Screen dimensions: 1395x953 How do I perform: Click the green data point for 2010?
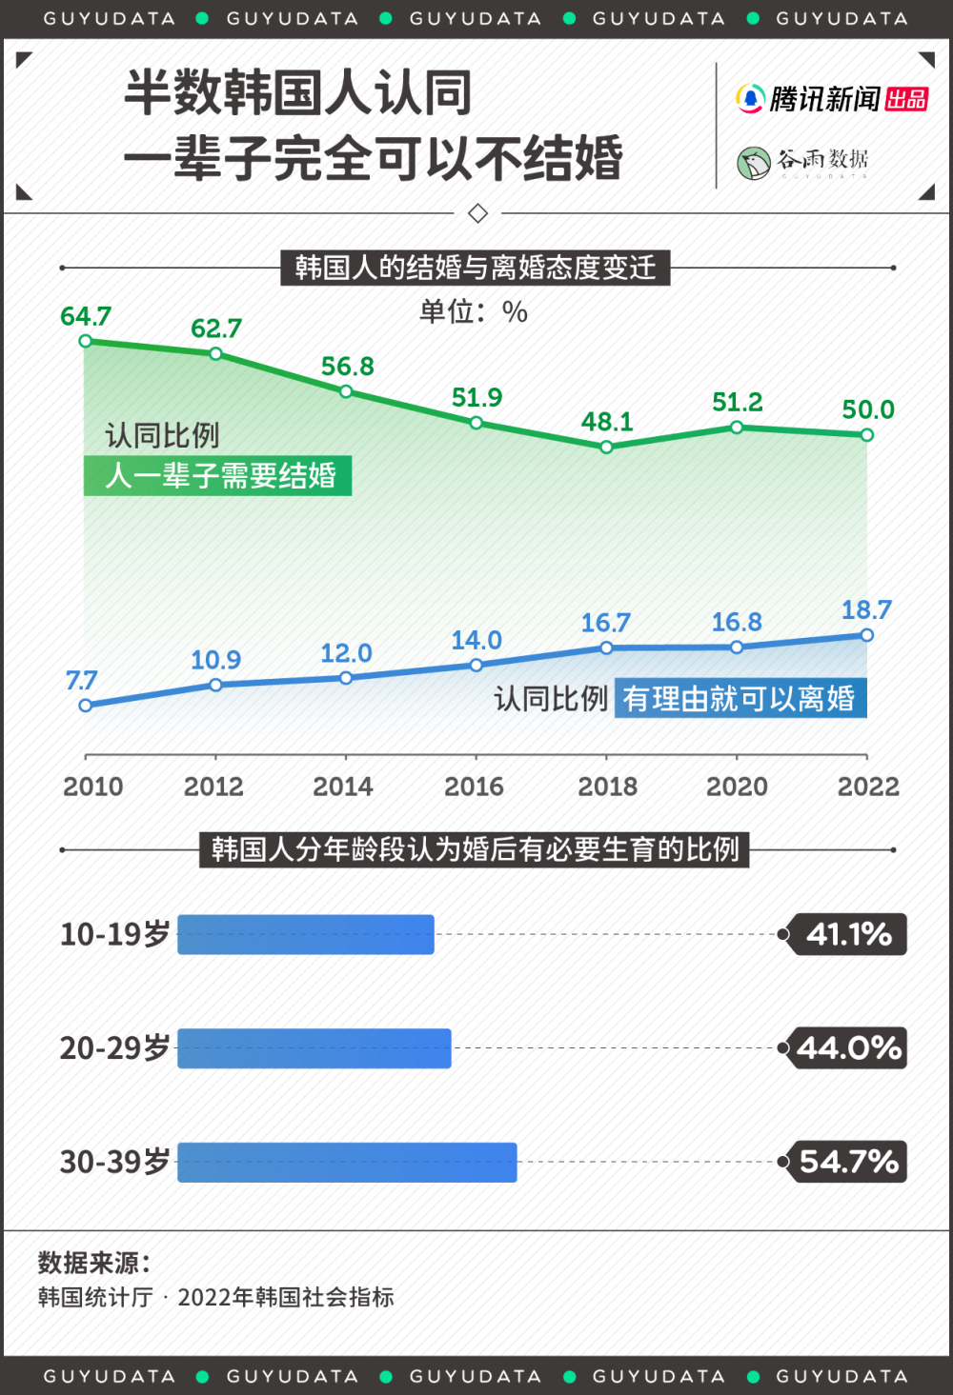86,341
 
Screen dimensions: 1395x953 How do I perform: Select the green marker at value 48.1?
606,447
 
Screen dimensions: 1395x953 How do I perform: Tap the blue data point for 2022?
866,635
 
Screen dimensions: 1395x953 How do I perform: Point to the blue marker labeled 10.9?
216,685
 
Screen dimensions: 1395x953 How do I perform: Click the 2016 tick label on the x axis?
474,787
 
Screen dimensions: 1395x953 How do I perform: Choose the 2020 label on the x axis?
737,787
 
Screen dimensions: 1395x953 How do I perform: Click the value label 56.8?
347,367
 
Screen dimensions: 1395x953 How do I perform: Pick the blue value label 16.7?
606,623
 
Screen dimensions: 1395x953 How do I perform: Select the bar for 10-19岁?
306,934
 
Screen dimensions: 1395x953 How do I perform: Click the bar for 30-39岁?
347,1162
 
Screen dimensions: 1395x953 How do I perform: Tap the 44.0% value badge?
848,1048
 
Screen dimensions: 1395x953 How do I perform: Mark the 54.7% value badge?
848,1162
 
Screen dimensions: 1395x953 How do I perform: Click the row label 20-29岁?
114,1048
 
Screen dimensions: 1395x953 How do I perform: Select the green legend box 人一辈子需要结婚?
218,475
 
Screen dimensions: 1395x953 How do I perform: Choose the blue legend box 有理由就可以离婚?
740,699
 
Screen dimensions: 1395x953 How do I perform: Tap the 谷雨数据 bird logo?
754,163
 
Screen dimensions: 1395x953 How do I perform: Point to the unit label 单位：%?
474,311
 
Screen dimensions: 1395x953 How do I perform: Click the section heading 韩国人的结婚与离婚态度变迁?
475,268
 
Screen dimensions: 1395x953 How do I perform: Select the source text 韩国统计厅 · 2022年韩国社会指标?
216,1297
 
